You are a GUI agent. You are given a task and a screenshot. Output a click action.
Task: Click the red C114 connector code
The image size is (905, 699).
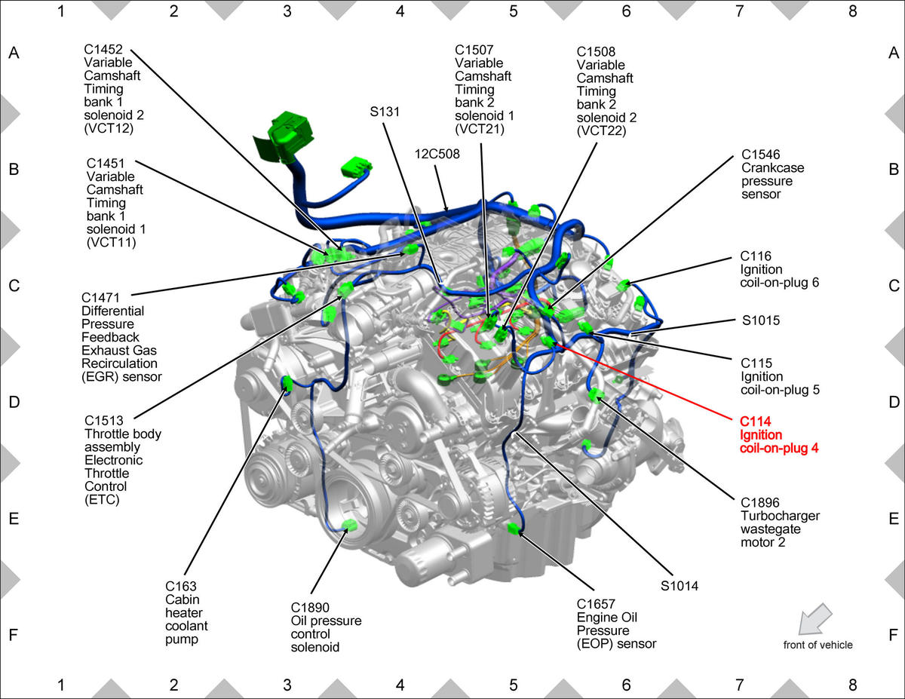755,422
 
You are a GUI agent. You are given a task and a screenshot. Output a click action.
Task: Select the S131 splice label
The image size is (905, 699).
385,112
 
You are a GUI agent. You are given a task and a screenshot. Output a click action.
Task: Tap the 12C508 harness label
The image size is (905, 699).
437,154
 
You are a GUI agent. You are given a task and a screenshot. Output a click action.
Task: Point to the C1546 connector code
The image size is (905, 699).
760,155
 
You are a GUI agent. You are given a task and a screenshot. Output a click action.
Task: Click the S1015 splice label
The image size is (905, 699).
761,320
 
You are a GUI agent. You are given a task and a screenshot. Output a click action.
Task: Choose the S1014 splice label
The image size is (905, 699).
680,586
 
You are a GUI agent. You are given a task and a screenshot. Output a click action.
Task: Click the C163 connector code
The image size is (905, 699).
181,586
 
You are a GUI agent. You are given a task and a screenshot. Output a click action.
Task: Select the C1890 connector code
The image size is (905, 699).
310,608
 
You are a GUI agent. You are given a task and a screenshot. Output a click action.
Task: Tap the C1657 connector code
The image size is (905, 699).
596,604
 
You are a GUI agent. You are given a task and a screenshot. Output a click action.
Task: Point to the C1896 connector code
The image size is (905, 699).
760,502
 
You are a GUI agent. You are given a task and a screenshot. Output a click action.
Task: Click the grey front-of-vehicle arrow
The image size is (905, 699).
814,619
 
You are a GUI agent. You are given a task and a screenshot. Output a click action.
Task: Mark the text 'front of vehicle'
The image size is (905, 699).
818,645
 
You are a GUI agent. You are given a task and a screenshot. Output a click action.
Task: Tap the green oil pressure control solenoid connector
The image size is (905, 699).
349,526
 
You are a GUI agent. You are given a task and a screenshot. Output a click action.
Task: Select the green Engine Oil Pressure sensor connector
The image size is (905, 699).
514,529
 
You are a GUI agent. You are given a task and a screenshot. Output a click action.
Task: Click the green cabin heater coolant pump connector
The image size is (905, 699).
287,383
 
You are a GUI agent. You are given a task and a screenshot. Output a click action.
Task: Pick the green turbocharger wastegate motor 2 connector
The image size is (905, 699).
597,394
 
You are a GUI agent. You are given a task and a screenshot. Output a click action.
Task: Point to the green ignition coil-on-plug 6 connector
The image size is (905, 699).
623,286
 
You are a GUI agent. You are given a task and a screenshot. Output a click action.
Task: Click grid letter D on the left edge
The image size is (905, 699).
14,402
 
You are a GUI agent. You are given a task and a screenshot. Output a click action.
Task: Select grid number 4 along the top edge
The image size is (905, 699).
400,11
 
